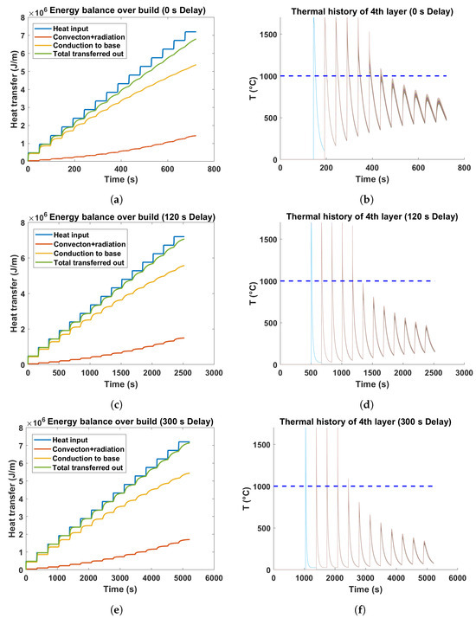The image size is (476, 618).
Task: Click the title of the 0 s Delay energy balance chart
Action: point(130,8)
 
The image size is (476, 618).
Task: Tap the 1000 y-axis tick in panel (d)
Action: point(269,281)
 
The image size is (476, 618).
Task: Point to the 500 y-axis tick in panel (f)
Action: point(272,528)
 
